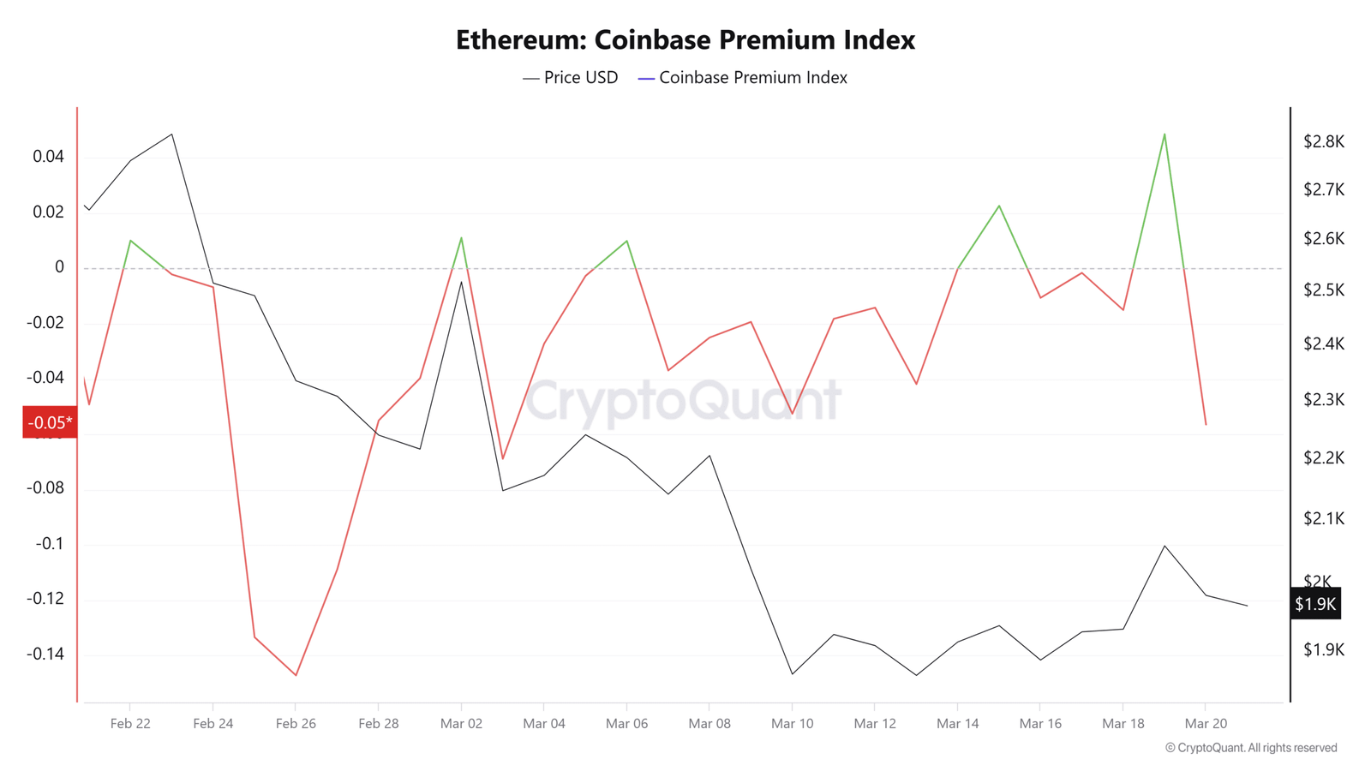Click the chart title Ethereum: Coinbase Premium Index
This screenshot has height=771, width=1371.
(x=685, y=40)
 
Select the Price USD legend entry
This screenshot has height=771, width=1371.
(x=571, y=78)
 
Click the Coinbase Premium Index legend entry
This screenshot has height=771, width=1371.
(x=743, y=78)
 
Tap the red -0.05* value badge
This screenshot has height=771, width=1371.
(x=50, y=422)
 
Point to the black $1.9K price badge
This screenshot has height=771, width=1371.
(x=1315, y=604)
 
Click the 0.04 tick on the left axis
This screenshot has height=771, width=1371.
(x=48, y=157)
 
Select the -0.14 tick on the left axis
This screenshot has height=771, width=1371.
(x=45, y=654)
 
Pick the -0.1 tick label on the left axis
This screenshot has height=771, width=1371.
(x=49, y=544)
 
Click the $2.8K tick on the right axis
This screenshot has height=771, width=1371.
(x=1324, y=142)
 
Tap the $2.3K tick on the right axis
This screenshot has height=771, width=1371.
(x=1324, y=400)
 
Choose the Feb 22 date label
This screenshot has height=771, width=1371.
(x=130, y=724)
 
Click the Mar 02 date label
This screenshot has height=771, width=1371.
(x=461, y=724)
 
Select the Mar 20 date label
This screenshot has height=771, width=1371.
(x=1206, y=724)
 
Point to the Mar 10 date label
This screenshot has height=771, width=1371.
(x=793, y=724)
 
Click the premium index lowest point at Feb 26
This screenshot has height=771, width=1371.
(x=296, y=675)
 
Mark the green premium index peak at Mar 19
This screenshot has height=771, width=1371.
(x=1164, y=134)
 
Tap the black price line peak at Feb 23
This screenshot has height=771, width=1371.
(x=172, y=134)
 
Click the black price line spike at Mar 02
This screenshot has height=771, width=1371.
(x=462, y=282)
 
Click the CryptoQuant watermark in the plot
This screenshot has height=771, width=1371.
(x=683, y=400)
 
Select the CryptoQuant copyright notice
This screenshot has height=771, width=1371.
(x=1251, y=748)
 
